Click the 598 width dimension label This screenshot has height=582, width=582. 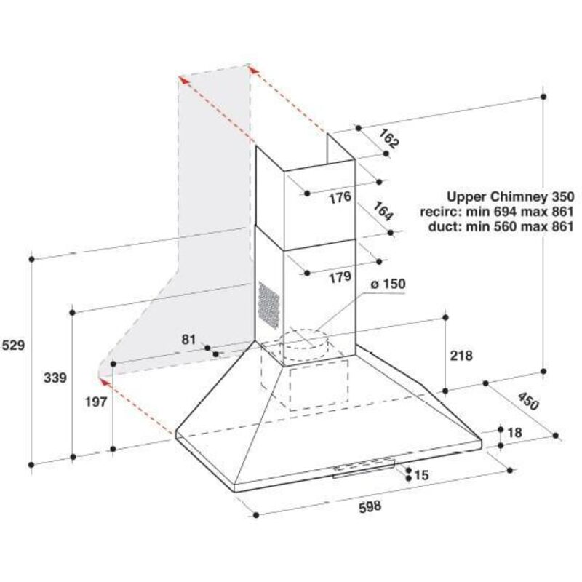click(370, 506)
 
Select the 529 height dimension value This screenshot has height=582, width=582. click(13, 345)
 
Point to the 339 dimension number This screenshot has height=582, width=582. click(55, 378)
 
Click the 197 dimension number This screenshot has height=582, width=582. click(96, 402)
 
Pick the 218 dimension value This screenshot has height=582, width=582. click(461, 356)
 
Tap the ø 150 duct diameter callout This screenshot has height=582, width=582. click(388, 284)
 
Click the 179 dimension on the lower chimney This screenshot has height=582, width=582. click(340, 277)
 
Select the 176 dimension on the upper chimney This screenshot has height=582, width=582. click(340, 197)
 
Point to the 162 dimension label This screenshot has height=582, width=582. click(389, 139)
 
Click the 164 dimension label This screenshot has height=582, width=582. click(383, 211)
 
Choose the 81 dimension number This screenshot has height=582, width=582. click(188, 339)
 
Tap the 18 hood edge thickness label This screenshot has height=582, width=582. click(514, 432)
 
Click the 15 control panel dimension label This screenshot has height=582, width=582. click(421, 475)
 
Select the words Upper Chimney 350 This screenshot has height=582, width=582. click(511, 196)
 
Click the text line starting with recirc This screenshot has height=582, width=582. click(497, 212)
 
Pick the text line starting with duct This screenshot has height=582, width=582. click(501, 226)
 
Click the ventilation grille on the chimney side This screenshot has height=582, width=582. click(268, 305)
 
